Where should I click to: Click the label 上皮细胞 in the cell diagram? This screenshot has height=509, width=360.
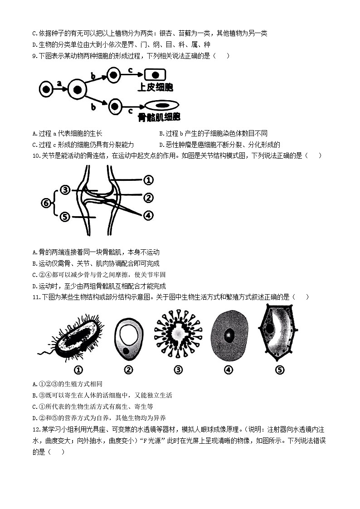[x=155, y=87]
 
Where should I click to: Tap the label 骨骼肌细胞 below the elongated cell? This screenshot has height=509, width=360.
[x=159, y=117]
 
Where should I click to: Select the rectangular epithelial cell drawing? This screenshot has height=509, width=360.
[x=155, y=75]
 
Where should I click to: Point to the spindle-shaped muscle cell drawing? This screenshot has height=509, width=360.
[x=162, y=105]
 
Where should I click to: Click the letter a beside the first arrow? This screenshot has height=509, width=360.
[x=59, y=83]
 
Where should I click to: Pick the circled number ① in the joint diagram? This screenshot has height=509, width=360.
[x=148, y=180]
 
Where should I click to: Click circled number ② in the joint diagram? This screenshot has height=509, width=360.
[x=148, y=197]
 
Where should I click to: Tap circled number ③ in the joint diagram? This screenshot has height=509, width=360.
[x=65, y=190]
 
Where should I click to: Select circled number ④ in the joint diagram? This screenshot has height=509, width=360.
[x=148, y=215]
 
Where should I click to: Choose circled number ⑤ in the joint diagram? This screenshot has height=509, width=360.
[x=65, y=217]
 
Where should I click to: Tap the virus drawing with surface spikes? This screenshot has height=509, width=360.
[x=178, y=334]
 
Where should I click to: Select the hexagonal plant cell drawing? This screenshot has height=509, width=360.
[x=278, y=332]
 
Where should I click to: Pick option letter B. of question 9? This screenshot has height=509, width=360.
[x=162, y=133]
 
